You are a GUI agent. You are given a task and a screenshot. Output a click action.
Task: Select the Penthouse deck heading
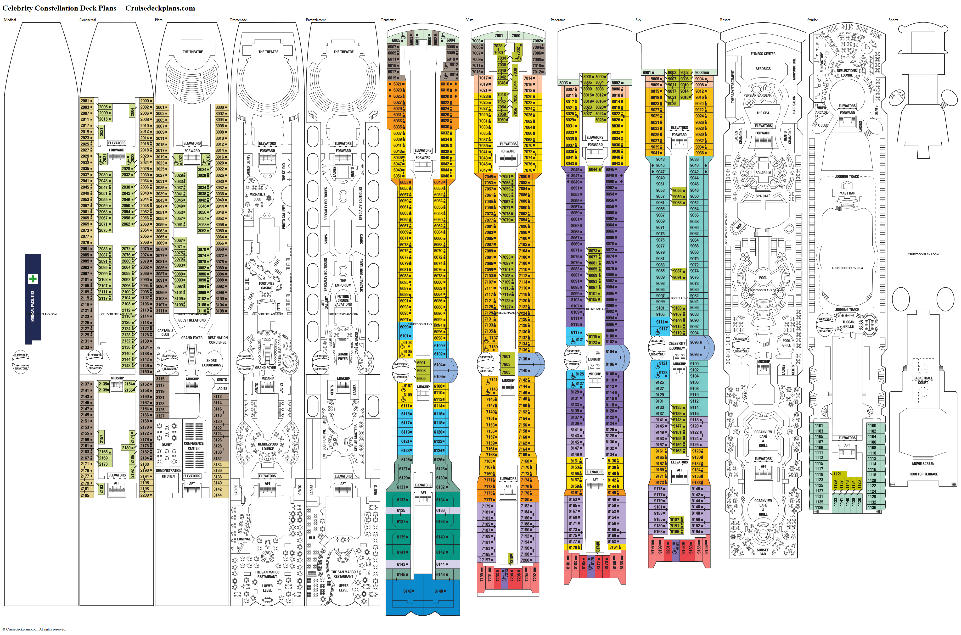click(388, 20)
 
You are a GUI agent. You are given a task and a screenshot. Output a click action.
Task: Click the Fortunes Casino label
click(267, 285)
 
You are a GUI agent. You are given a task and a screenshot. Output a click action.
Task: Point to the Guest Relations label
click(192, 320)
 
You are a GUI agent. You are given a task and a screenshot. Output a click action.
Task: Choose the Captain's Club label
click(165, 333)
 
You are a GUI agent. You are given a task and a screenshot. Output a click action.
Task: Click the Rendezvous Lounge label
click(268, 446)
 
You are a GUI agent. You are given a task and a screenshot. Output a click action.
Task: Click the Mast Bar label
click(847, 193)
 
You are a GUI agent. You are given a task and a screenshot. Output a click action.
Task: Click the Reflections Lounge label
click(847, 73)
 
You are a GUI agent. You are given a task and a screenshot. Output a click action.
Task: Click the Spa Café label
click(763, 196)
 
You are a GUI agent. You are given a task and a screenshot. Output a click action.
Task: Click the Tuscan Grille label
click(848, 324)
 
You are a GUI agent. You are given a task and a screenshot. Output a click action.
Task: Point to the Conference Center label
click(194, 446)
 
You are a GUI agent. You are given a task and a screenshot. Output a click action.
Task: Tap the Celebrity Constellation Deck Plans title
click(98, 8)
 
